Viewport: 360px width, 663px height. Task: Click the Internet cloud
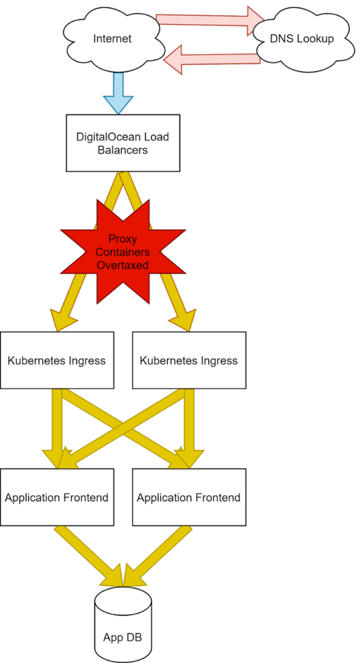[x=113, y=39]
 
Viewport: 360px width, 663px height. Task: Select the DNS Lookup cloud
[x=302, y=39]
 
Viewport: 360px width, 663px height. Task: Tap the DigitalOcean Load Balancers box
[x=122, y=143]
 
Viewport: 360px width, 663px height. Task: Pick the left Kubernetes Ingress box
[x=57, y=360]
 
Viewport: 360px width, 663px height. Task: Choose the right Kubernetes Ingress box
[x=188, y=360]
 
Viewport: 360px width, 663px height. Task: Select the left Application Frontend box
[x=57, y=497]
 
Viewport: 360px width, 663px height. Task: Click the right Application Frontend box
[x=188, y=497]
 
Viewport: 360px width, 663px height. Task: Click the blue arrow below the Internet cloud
[x=118, y=93]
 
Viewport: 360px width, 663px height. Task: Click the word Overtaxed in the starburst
[x=122, y=265]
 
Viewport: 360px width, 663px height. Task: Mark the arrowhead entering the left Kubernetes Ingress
[x=63, y=320]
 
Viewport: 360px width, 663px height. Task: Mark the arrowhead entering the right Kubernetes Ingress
[x=183, y=320]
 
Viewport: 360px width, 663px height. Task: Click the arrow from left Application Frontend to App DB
[x=90, y=556]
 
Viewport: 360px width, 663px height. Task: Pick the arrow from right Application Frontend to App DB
[x=157, y=556]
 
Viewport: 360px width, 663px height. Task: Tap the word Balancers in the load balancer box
[x=122, y=150]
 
